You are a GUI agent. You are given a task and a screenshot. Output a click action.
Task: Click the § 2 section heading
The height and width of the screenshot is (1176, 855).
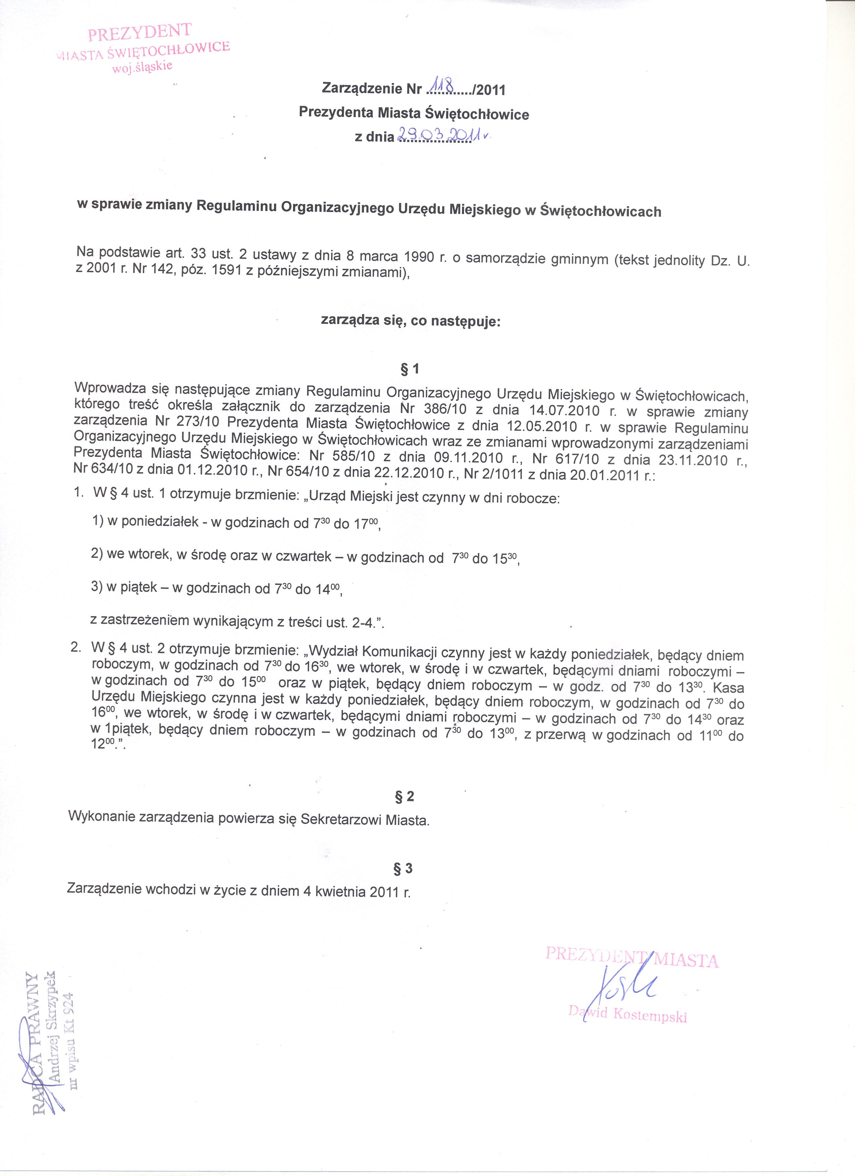coord(405,796)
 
